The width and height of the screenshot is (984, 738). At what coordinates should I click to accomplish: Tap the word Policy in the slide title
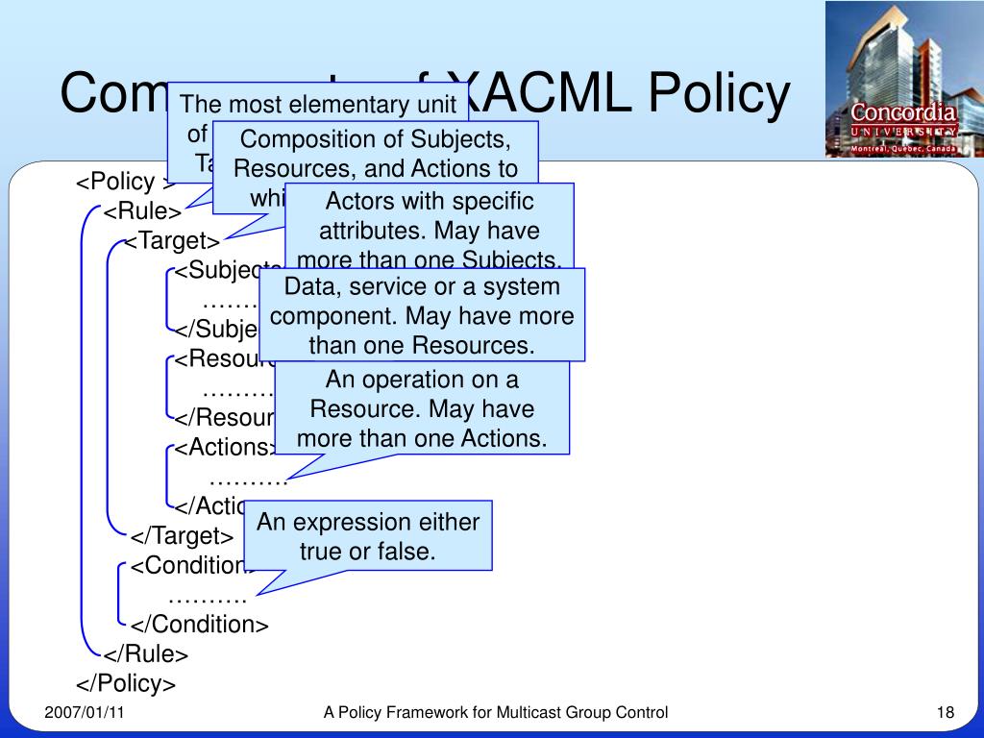pyautogui.click(x=718, y=93)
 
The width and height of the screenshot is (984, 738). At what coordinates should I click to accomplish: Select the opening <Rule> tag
pyautogui.click(x=142, y=211)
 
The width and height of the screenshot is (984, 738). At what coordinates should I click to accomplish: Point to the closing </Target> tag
pyautogui.click(x=182, y=535)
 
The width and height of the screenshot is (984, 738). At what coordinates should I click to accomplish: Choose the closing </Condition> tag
pyautogui.click(x=200, y=625)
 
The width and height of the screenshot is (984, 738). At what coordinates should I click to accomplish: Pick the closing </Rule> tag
pyautogui.click(x=146, y=654)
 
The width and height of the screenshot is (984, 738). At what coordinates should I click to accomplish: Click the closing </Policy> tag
pyautogui.click(x=126, y=683)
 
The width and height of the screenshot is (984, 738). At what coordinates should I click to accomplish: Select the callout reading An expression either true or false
pyautogui.click(x=368, y=536)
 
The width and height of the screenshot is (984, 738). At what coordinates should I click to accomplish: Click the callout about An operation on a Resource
pyautogui.click(x=422, y=408)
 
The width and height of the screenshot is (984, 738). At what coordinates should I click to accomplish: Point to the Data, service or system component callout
pyautogui.click(x=422, y=315)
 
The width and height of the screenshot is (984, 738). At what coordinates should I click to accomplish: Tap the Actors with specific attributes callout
pyautogui.click(x=430, y=231)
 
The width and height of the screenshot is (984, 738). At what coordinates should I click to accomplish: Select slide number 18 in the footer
pyautogui.click(x=945, y=712)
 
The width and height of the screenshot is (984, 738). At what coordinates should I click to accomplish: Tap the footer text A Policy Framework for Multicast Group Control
pyautogui.click(x=495, y=712)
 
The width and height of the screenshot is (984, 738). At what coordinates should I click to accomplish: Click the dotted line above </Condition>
pyautogui.click(x=207, y=597)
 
